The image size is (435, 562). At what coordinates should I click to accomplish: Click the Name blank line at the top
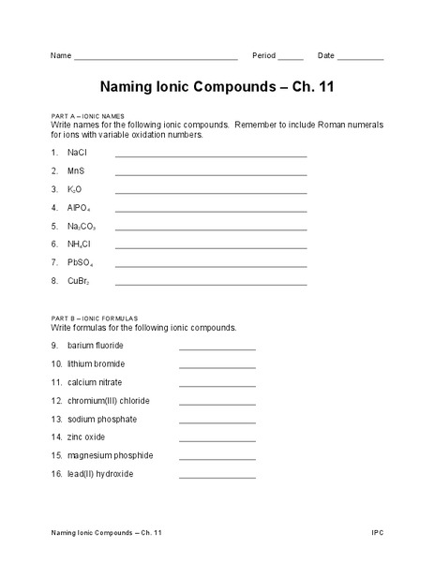click(156, 59)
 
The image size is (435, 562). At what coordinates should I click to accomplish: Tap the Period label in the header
click(263, 55)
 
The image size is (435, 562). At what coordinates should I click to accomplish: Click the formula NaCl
click(77, 152)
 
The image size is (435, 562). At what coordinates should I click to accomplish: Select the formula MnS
click(76, 170)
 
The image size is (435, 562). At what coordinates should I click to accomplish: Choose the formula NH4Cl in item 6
click(79, 245)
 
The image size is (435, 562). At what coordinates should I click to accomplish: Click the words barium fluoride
click(96, 345)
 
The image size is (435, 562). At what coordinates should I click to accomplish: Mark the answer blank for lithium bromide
click(217, 367)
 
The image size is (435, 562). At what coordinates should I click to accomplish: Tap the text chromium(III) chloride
click(108, 400)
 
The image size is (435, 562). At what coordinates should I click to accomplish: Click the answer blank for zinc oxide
click(217, 440)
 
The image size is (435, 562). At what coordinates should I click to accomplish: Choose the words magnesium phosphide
click(110, 455)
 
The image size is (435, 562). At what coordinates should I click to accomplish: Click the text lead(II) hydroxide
click(100, 474)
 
